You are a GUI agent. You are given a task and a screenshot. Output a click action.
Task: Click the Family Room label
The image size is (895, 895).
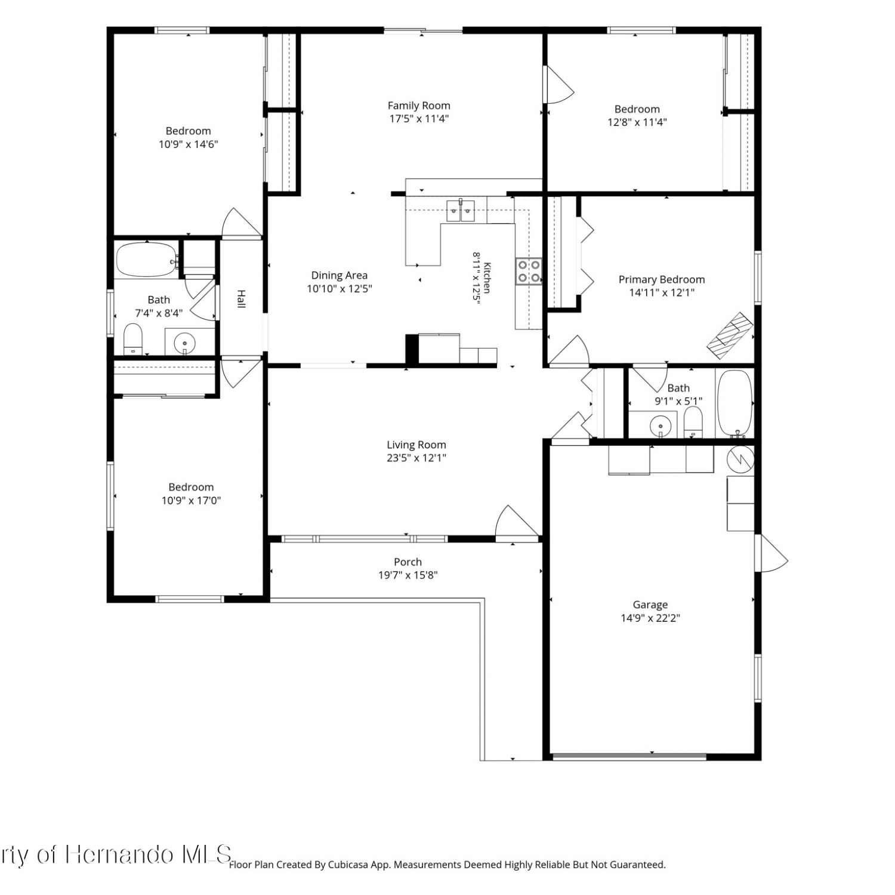pyautogui.click(x=419, y=106)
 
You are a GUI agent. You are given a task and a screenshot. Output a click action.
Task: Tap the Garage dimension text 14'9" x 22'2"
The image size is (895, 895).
pyautogui.click(x=650, y=618)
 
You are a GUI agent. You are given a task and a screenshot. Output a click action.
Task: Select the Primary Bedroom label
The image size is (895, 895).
pyautogui.click(x=662, y=279)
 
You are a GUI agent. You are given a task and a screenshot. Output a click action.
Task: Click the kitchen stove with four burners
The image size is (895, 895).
pyautogui.click(x=529, y=271)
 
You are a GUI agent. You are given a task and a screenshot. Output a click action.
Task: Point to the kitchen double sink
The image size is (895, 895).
pyautogui.click(x=461, y=211)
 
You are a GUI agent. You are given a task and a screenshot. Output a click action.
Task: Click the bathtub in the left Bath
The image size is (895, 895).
pyautogui.click(x=147, y=260)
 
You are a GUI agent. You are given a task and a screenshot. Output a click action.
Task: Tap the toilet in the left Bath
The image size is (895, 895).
pyautogui.click(x=132, y=338)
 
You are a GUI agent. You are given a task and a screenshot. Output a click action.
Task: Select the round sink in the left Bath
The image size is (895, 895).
pyautogui.click(x=184, y=343)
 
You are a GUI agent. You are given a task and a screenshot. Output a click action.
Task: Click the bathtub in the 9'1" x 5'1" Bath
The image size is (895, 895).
pyautogui.click(x=736, y=403)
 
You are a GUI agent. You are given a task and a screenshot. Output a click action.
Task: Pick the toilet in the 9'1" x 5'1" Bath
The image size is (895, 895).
pyautogui.click(x=693, y=422)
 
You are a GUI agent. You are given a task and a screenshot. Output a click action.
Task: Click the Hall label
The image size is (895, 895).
pyautogui.click(x=241, y=299)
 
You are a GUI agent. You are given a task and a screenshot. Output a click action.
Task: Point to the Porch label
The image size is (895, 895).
pyautogui.click(x=408, y=562)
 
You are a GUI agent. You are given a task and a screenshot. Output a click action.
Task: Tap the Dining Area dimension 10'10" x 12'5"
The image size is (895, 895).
pyautogui.click(x=340, y=289)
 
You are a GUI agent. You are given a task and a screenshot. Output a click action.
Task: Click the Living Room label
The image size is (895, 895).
pyautogui.click(x=416, y=445)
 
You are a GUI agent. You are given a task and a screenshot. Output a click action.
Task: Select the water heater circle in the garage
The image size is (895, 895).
pyautogui.click(x=741, y=459)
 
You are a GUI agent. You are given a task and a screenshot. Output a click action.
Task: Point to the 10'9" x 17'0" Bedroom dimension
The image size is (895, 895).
pyautogui.click(x=191, y=501)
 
